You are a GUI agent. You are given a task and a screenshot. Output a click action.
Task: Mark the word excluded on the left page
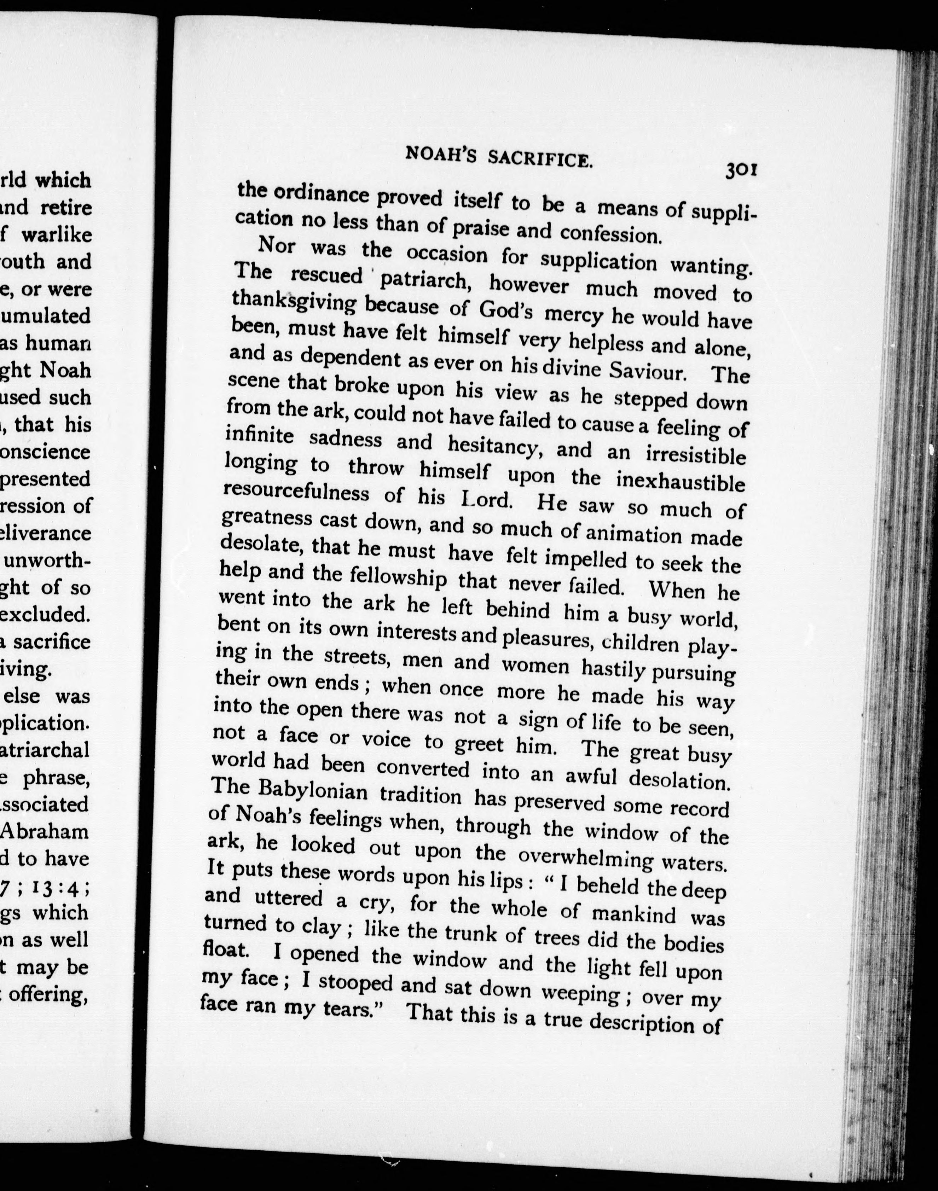(x=45, y=614)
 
